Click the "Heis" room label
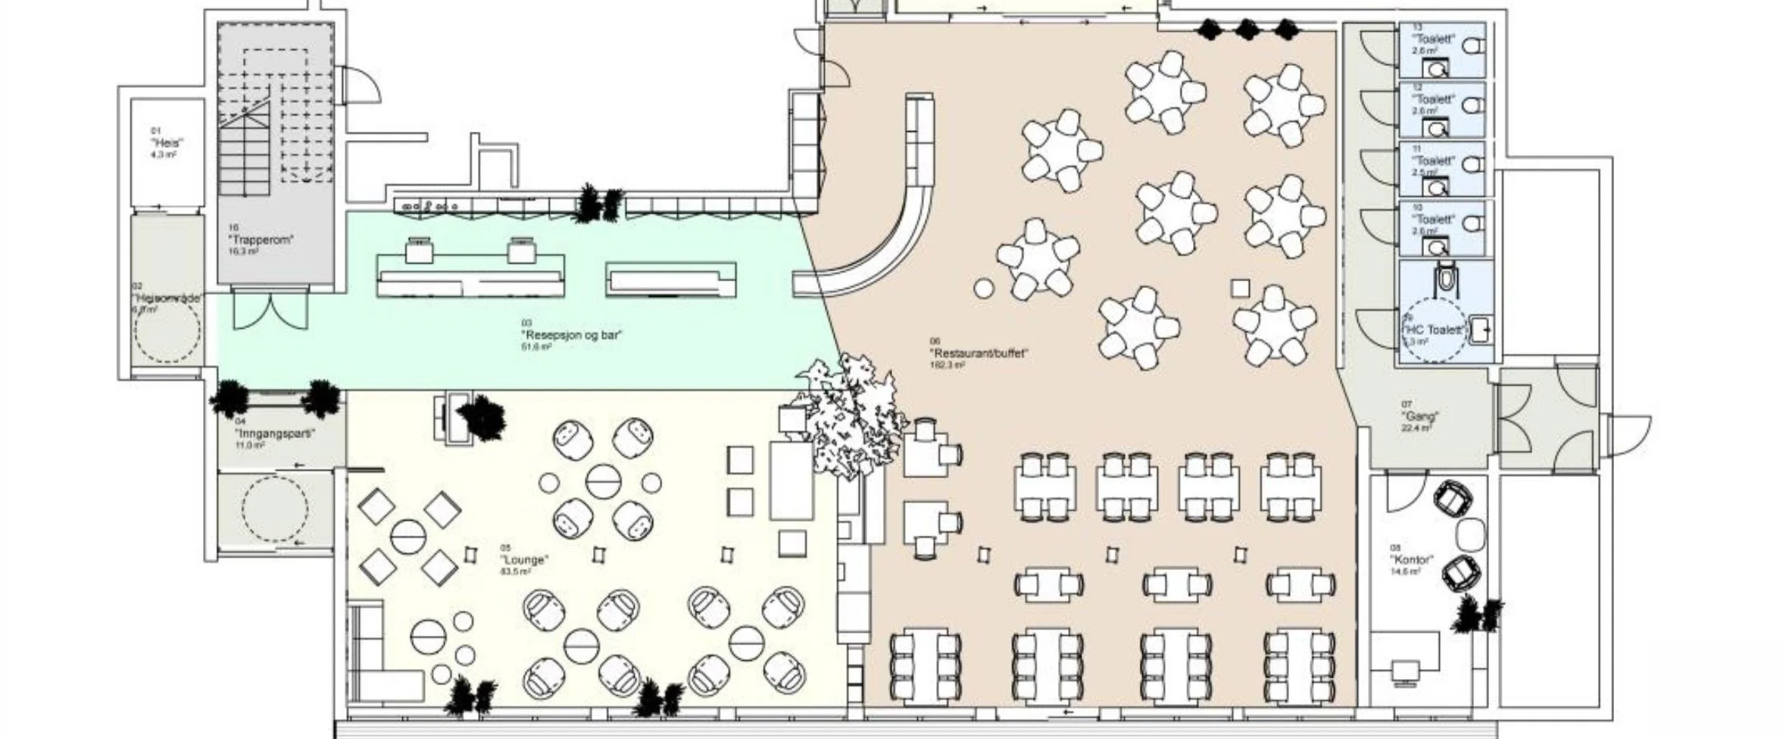click(167, 142)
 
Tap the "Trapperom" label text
click(261, 240)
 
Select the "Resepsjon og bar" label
click(572, 335)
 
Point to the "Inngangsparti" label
click(274, 434)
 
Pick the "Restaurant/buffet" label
click(979, 353)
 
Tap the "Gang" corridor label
click(1419, 416)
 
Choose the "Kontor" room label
click(1411, 559)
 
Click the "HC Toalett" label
click(1434, 330)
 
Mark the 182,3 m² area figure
click(947, 365)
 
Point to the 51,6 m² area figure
click(536, 346)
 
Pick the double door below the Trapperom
click(270, 309)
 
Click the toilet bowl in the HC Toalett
click(1446, 277)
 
